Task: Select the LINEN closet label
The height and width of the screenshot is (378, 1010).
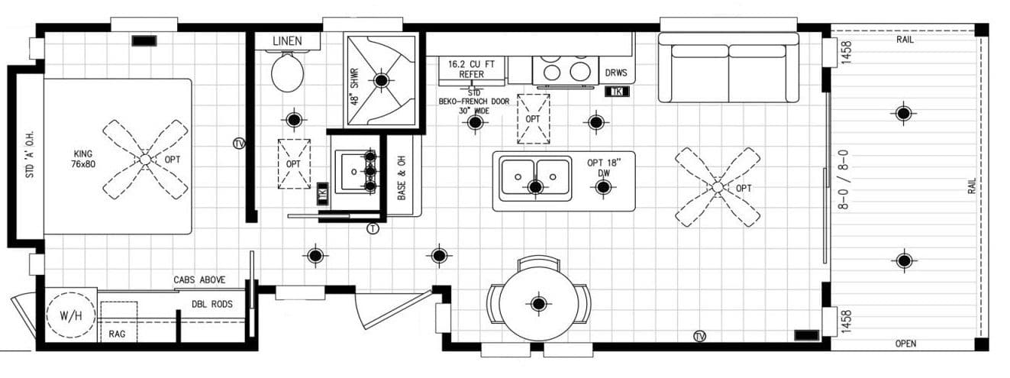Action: point(287,40)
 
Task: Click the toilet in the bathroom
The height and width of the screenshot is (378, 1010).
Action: point(287,73)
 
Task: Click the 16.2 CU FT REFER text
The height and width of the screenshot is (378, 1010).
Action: point(471,69)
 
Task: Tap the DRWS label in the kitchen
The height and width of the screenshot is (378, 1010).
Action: point(616,73)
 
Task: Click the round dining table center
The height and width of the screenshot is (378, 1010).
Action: point(539,304)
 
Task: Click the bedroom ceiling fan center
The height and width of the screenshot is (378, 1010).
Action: point(145,159)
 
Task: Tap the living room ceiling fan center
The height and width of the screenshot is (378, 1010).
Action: point(717,186)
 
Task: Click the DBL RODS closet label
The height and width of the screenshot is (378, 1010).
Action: point(211,304)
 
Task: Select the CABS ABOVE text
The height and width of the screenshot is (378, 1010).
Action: point(199,280)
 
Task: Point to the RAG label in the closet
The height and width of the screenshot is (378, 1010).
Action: point(117,334)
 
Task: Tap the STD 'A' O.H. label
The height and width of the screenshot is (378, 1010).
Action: point(30,156)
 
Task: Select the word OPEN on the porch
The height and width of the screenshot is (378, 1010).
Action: point(905,344)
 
